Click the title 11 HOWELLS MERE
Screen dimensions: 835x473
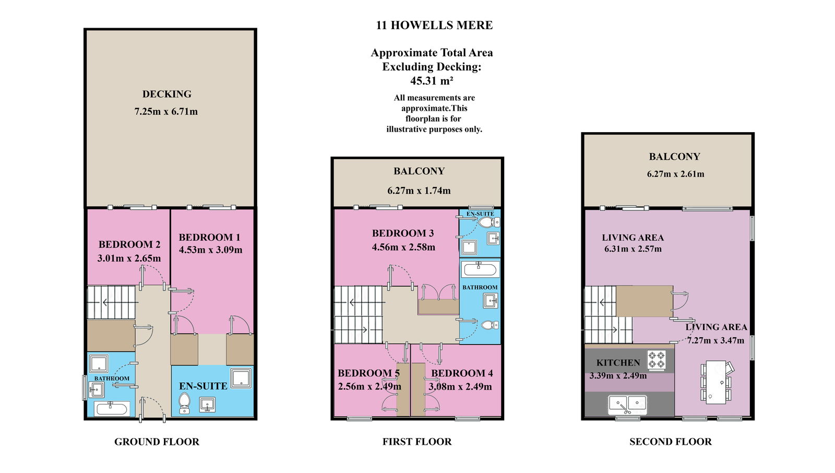pos(434,26)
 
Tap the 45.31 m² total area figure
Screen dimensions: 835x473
pos(432,80)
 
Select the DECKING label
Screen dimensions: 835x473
pos(166,94)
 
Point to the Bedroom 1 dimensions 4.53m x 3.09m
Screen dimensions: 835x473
pos(211,250)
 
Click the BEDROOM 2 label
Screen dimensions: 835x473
pos(129,244)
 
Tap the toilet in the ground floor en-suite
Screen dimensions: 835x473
pos(185,404)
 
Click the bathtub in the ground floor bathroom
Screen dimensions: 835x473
pos(112,408)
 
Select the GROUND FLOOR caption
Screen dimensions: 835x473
pos(157,442)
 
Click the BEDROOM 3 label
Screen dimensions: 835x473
pos(403,233)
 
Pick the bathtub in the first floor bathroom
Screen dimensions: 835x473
pos(480,269)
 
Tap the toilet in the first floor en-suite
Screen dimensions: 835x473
pos(488,222)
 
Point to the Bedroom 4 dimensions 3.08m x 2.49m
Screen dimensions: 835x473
pos(460,387)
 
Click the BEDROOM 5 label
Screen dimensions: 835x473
pos(368,373)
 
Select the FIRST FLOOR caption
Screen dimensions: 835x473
pos(417,442)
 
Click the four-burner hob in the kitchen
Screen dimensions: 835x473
pos(657,360)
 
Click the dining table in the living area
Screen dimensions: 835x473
pos(716,382)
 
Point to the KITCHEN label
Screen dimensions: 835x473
pos(618,363)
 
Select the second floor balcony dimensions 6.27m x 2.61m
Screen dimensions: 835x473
pos(675,174)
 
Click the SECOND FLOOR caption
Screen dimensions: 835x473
pos(671,442)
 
